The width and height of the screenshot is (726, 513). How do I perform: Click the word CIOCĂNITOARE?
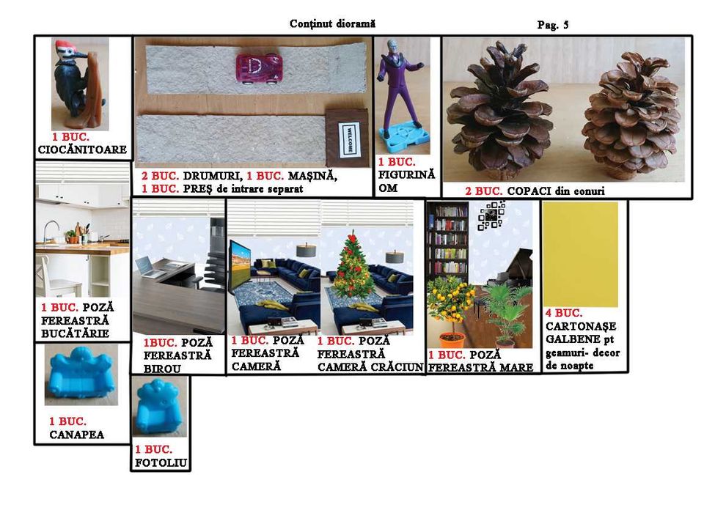coord(82,150)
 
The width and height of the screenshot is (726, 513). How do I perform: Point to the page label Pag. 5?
coord(552,25)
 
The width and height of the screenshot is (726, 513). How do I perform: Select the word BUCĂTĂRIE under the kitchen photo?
coord(75,333)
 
